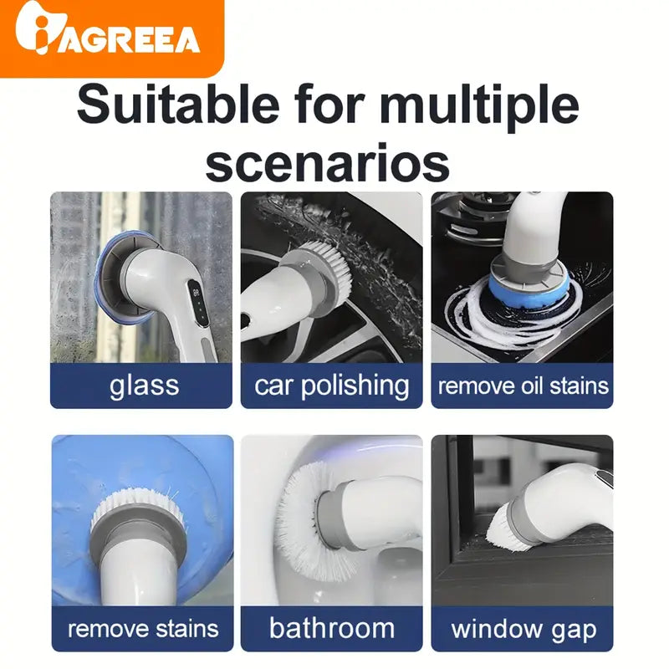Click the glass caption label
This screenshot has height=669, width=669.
(x=144, y=386)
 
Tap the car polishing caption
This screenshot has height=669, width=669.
(x=332, y=386)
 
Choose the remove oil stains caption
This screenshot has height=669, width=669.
(x=523, y=386)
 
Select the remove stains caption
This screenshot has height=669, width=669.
(x=142, y=628)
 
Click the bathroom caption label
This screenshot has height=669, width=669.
(x=332, y=628)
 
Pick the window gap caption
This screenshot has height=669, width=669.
(x=523, y=628)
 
